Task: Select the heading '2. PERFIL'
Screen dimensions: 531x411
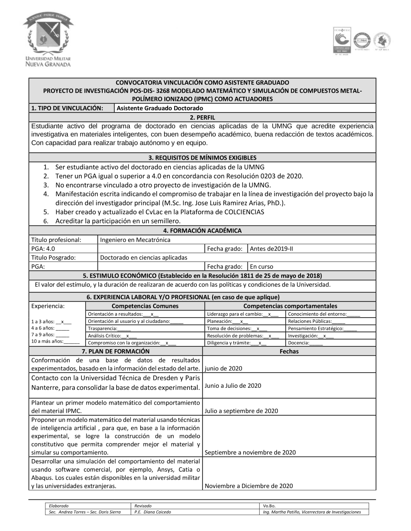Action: pos(202,117)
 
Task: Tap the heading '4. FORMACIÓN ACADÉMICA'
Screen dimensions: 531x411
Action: pos(202,231)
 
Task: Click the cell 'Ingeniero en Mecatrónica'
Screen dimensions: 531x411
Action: pos(135,240)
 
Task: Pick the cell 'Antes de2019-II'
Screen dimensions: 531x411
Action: pos(271,249)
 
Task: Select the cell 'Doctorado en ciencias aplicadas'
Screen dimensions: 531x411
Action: pos(143,258)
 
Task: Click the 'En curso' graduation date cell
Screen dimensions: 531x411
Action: pos(261,267)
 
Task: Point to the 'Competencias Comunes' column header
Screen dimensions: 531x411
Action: pos(145,306)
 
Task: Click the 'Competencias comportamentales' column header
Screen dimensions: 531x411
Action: pos(290,306)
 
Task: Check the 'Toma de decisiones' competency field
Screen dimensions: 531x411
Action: pos(237,329)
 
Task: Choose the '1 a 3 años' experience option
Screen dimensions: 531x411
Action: pos(51,322)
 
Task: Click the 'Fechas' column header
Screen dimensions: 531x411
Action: pos(289,351)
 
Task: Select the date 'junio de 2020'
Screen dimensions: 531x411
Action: pos(224,368)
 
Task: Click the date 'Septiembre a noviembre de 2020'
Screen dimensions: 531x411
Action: pos(250,453)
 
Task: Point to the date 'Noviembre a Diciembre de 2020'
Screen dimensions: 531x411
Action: pos(249,486)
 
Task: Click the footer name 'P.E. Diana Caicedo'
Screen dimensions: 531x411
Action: pos(152,512)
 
